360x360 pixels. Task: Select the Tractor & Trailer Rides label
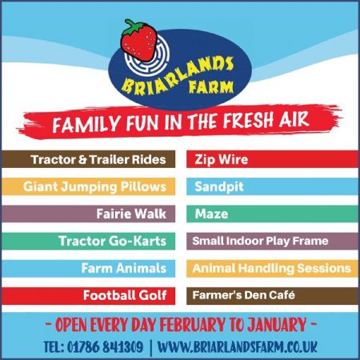point(98,159)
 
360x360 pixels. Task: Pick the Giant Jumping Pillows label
point(94,186)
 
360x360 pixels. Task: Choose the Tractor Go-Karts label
point(112,241)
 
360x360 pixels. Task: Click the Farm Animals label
point(123,268)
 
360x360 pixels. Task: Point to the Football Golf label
point(124,295)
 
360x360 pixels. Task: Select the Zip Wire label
point(222,159)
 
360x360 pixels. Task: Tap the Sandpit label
point(219,186)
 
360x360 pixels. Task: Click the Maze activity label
point(211,214)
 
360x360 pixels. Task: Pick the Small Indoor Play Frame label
point(260,241)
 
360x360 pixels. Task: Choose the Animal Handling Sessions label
point(271,268)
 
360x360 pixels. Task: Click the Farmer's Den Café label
point(243,295)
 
